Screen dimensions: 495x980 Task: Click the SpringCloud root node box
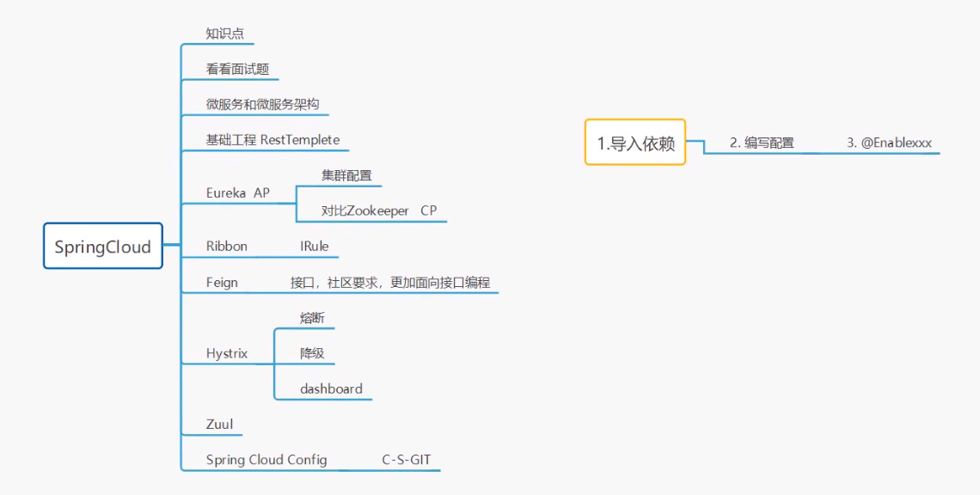coord(103,247)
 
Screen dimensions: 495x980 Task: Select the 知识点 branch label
coord(225,34)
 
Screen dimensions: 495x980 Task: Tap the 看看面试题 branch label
coord(237,69)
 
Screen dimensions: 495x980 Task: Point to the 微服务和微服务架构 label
coord(262,104)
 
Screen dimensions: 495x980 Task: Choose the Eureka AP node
coord(237,193)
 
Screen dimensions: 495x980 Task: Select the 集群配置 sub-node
coord(340,175)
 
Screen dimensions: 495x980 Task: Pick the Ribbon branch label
coord(227,246)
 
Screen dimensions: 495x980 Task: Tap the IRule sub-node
coord(314,246)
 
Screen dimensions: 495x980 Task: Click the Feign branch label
coord(222,282)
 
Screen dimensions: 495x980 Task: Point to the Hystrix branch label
coord(227,353)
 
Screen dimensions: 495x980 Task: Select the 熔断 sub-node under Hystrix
coord(312,318)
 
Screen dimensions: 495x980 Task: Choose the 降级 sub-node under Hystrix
coord(312,353)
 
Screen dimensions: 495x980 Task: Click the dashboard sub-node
coord(331,388)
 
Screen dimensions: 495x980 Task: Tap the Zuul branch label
coord(219,424)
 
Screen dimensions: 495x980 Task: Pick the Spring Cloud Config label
coord(266,460)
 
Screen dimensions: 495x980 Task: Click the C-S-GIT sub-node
coord(407,460)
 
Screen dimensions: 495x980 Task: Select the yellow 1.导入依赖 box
coord(635,143)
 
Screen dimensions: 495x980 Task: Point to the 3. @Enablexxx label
coord(890,143)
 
